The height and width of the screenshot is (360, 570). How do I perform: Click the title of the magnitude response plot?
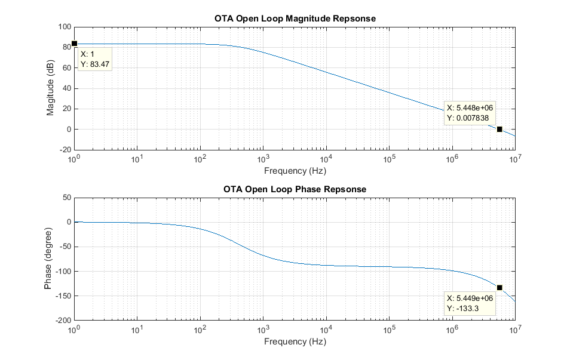(x=295, y=18)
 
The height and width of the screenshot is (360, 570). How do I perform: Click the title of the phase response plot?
(x=295, y=189)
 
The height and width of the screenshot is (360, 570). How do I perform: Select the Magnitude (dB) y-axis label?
(x=51, y=88)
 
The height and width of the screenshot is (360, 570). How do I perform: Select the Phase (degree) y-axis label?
(x=48, y=259)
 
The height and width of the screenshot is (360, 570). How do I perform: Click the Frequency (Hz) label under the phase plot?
(x=295, y=342)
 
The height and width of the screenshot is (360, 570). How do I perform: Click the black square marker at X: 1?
(x=74, y=44)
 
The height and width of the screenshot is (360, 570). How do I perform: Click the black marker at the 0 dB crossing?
(x=499, y=129)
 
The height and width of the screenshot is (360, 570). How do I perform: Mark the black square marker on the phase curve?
(x=499, y=288)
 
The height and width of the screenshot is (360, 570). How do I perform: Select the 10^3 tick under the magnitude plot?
(x=263, y=159)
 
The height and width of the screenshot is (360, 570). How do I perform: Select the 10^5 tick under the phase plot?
(x=389, y=330)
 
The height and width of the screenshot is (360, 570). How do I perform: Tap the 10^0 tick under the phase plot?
(x=74, y=330)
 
